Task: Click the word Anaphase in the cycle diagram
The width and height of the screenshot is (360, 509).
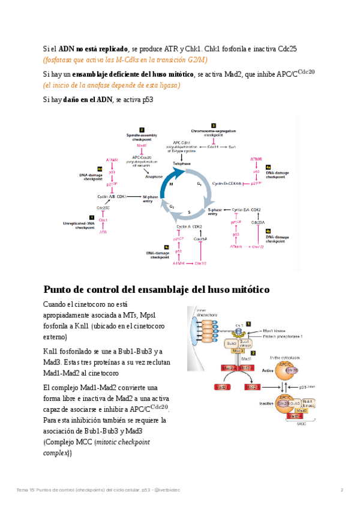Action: coord(154,176)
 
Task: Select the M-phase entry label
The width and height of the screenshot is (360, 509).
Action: coord(151,199)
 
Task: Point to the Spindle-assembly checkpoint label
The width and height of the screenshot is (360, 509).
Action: coord(142,137)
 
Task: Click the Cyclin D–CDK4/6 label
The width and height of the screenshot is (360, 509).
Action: coord(227,183)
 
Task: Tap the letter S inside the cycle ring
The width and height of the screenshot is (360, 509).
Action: coord(188,212)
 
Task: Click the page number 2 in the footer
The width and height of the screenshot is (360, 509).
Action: coord(341,490)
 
